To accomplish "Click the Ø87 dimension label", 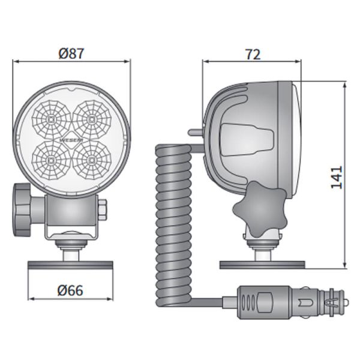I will (71, 53).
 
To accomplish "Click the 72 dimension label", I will (253, 54).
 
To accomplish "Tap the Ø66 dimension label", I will (71, 291).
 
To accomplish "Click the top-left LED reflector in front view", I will (52, 119).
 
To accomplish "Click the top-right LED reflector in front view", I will (92, 119).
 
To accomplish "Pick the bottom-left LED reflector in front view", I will (52, 159).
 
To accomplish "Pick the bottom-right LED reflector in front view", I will (92, 159).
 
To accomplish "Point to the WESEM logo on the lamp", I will (71, 140).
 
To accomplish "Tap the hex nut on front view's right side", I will (102, 210).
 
